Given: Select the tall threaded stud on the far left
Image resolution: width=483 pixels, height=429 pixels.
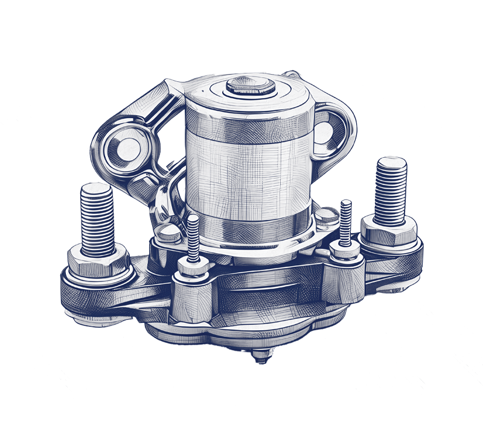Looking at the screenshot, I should click(97, 220).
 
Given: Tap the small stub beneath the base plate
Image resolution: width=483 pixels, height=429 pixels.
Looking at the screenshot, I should click(260, 355).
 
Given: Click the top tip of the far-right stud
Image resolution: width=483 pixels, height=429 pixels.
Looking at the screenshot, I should click(391, 161).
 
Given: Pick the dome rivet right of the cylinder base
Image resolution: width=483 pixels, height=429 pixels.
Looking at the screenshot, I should click(327, 214).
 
